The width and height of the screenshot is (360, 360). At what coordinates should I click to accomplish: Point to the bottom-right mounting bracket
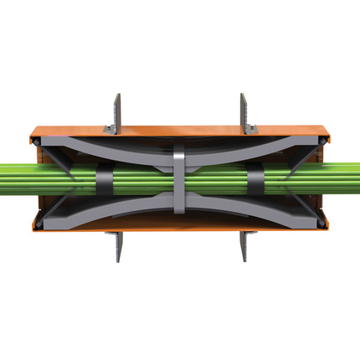tap(244, 244)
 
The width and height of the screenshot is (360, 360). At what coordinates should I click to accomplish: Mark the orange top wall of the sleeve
tap(180, 135)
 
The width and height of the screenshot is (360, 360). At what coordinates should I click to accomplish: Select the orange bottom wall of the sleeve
tap(180, 224)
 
